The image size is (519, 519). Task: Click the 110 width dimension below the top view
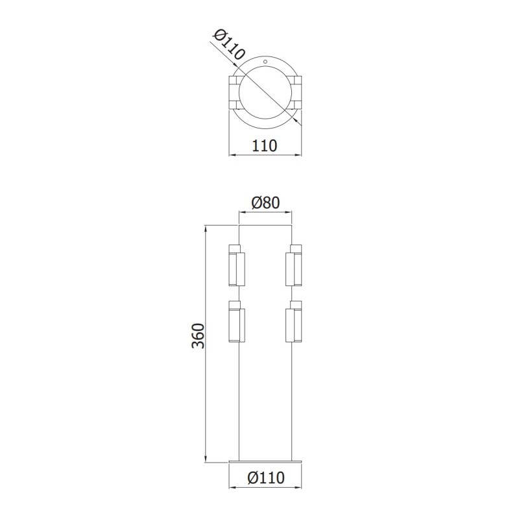266,145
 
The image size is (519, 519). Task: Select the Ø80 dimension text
266,202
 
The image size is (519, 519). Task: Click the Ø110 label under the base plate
266,478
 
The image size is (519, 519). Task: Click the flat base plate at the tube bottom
266,461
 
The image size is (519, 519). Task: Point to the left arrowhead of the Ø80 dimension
243,212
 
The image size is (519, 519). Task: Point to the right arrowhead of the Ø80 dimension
289,212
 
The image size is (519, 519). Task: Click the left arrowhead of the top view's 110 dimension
233,154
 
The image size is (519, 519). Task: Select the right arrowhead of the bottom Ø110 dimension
299,487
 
